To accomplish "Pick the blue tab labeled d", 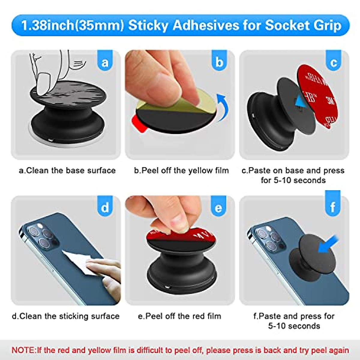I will [x=105, y=207].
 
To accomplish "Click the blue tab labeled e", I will [x=218, y=207].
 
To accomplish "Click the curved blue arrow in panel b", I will [x=223, y=106].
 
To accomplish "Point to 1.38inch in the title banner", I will [x=48, y=25].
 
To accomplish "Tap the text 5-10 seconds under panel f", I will [x=294, y=326].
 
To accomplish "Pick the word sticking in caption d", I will [x=74, y=316].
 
